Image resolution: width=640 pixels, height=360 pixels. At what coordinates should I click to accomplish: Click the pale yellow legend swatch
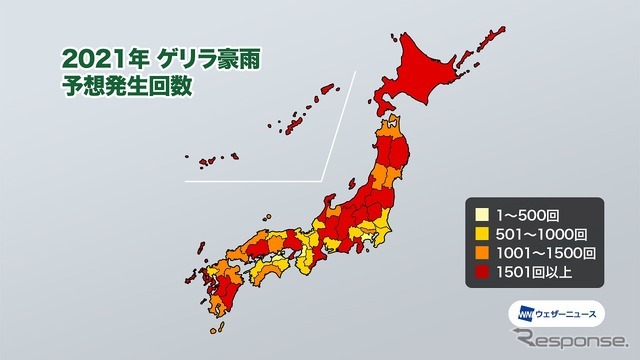coord(482,214)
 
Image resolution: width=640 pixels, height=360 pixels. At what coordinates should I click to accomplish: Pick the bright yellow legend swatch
coord(482,232)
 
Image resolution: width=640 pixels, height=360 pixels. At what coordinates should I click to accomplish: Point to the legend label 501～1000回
coord(536,232)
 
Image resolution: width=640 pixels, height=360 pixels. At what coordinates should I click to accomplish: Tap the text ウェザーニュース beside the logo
coord(566,312)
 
